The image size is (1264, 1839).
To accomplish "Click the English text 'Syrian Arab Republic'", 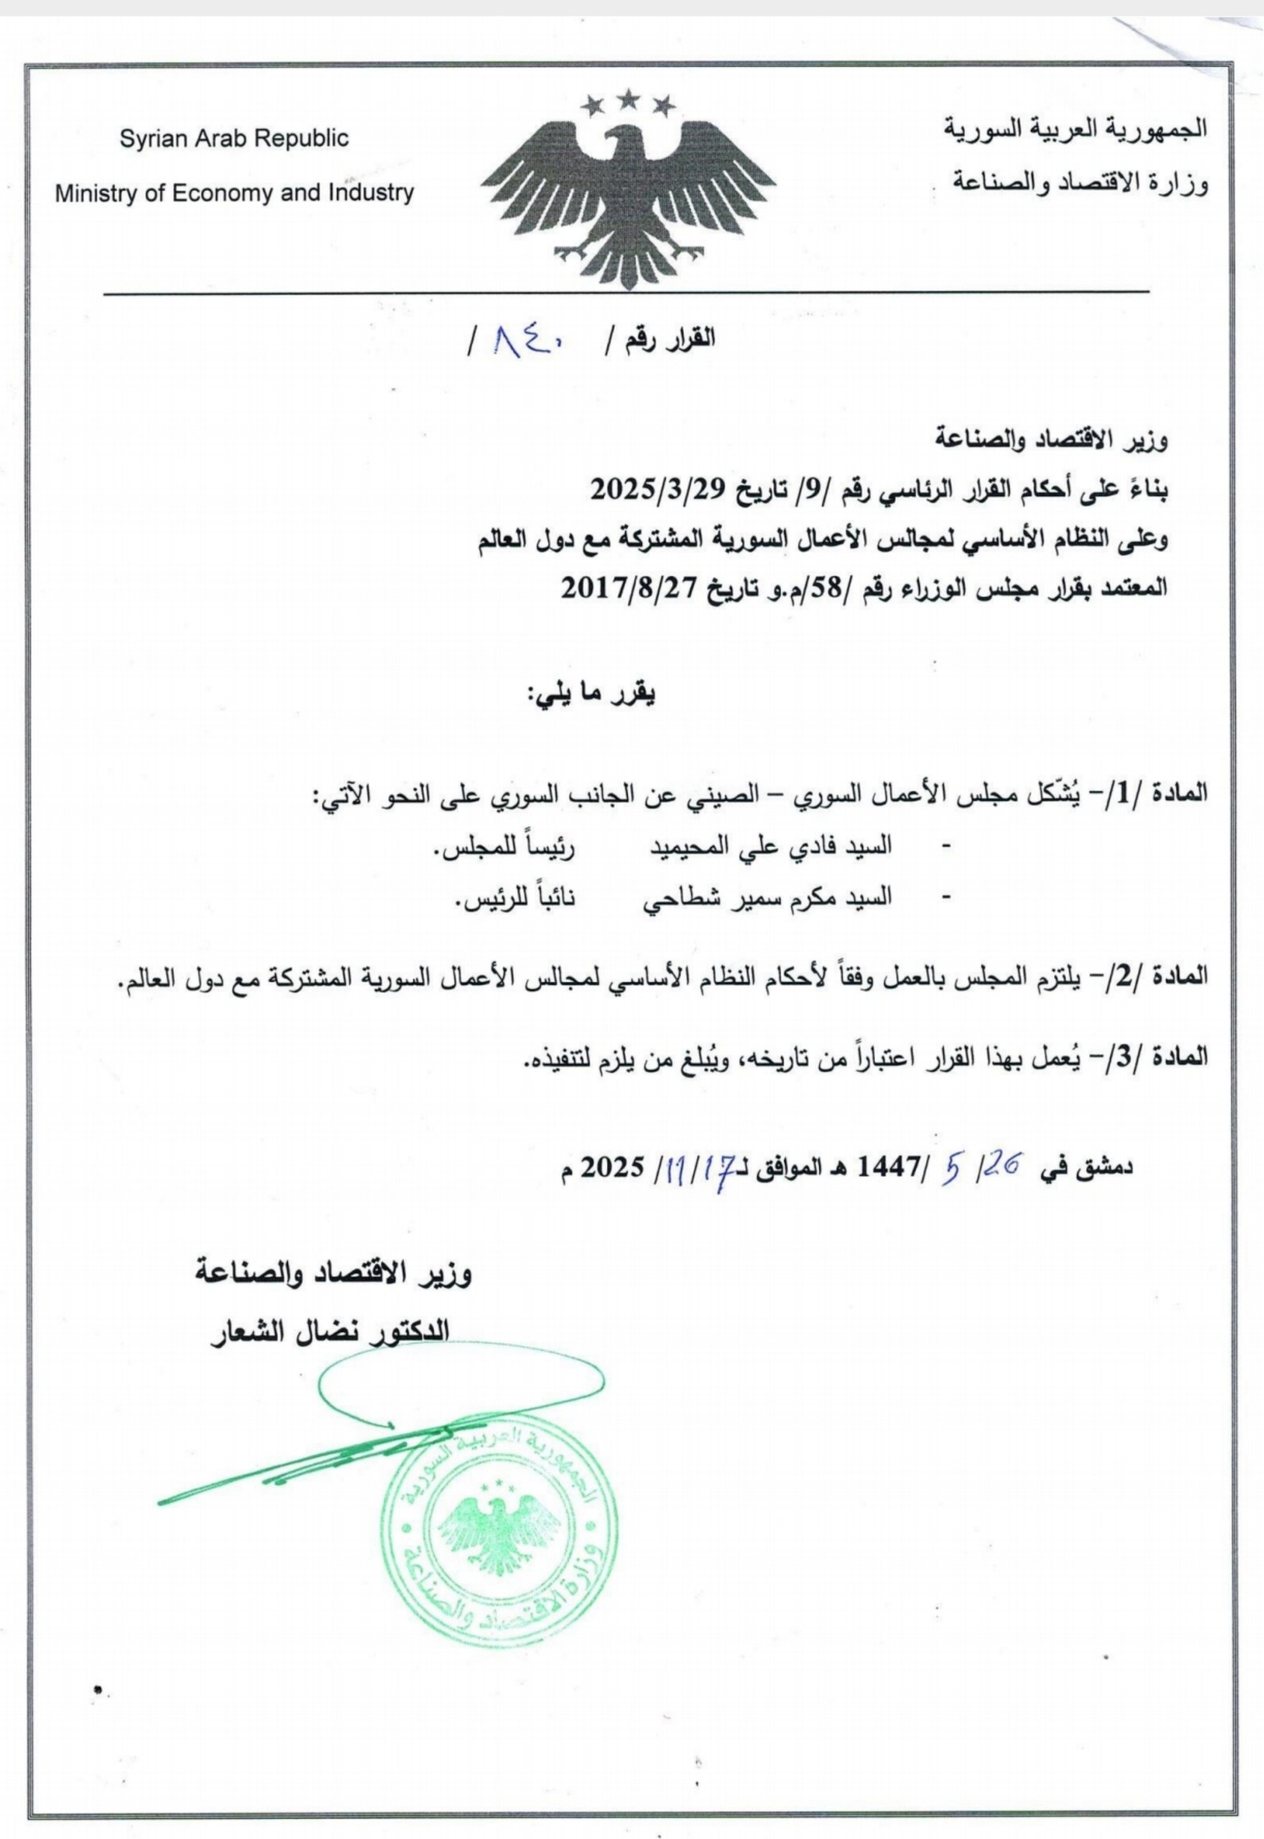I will [x=233, y=139].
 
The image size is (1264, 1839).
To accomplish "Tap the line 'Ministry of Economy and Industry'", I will [x=233, y=193].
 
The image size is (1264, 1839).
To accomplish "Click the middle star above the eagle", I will [x=629, y=99].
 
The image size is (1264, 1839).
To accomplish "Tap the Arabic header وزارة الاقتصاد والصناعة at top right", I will [x=1081, y=183].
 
